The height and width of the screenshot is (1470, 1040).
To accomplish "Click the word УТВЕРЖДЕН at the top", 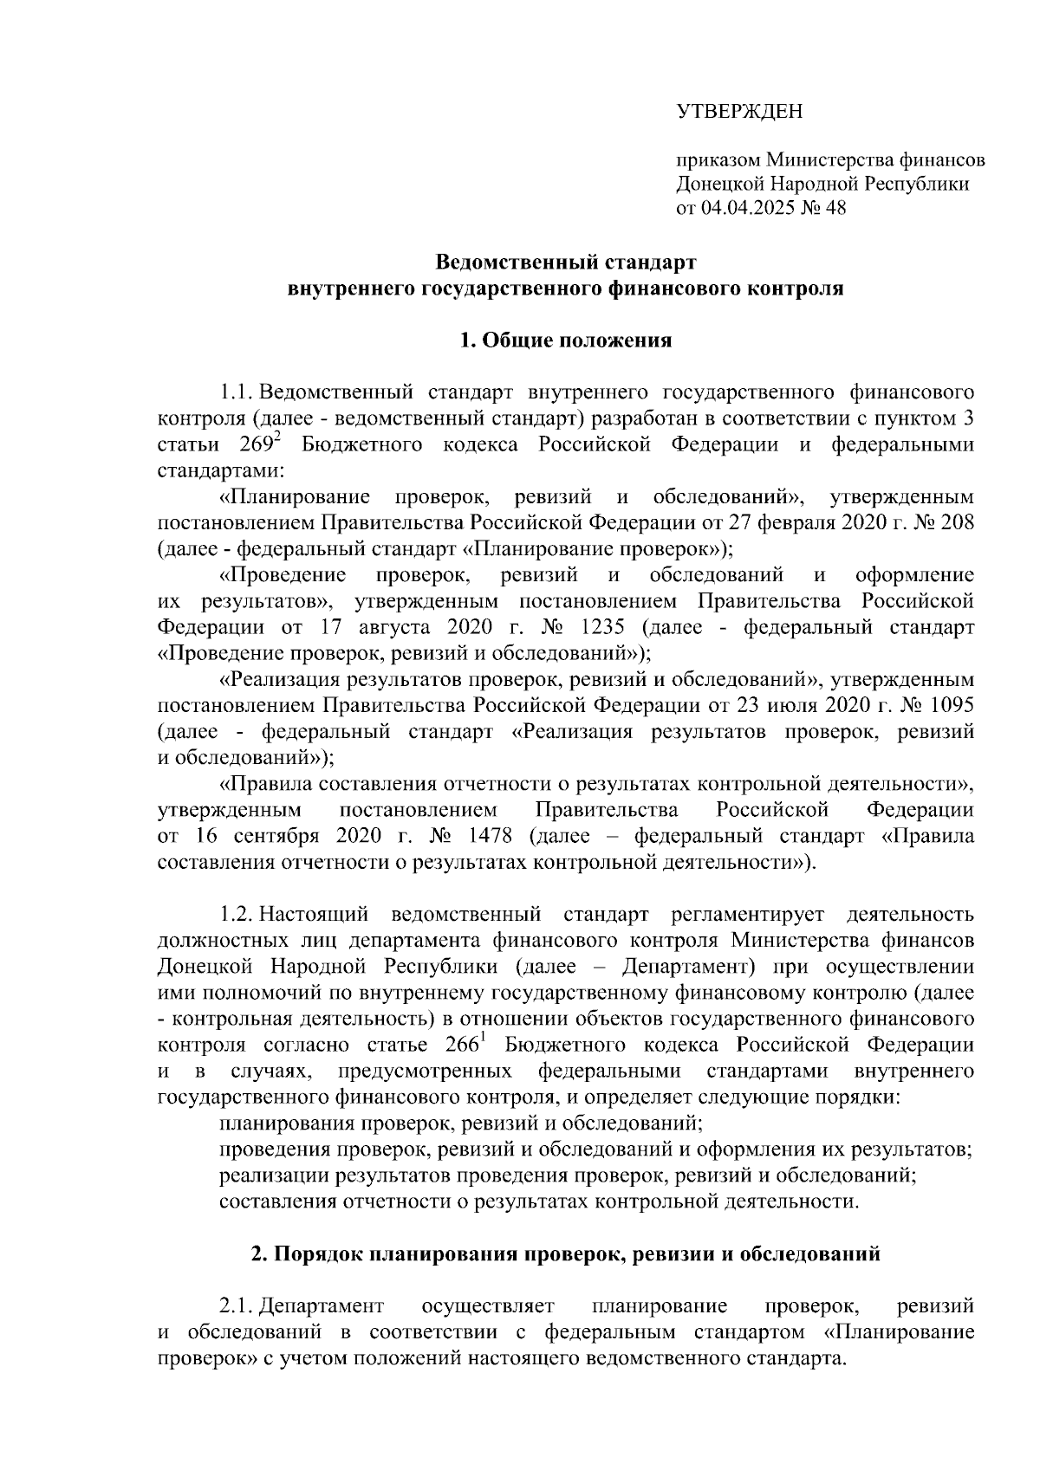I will (739, 111).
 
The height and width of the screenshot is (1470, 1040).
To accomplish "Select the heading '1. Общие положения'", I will (566, 340).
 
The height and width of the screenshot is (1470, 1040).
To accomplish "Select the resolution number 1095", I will (948, 705).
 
